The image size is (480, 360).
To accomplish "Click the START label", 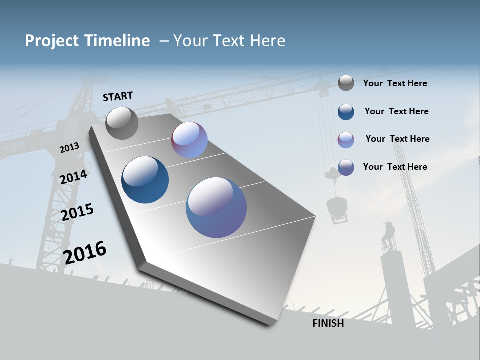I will coord(118,96).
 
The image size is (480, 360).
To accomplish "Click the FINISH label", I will coord(328,323).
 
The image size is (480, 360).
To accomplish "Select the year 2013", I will coord(69,147).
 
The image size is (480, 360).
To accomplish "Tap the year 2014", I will coord(73,177).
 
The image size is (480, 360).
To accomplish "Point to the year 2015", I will coord(77,212).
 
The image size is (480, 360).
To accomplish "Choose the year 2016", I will coord(85,252).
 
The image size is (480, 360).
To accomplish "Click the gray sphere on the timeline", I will coord(122,123).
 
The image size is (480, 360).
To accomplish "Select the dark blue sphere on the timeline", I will coord(145,180).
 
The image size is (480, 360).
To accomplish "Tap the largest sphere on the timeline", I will coord(216,207).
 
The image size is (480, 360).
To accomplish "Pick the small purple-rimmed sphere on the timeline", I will coord(189,140).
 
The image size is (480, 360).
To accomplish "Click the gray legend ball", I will coord(346,83).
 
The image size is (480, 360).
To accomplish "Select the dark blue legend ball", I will coord(346,112).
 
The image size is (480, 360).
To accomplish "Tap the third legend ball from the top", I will coord(346,140).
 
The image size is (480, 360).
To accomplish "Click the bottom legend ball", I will coord(346,167).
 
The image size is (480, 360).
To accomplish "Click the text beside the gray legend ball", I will coord(395,84).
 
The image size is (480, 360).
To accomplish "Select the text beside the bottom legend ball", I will coord(395,167).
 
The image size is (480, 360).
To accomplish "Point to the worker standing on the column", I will coord(388,235).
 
